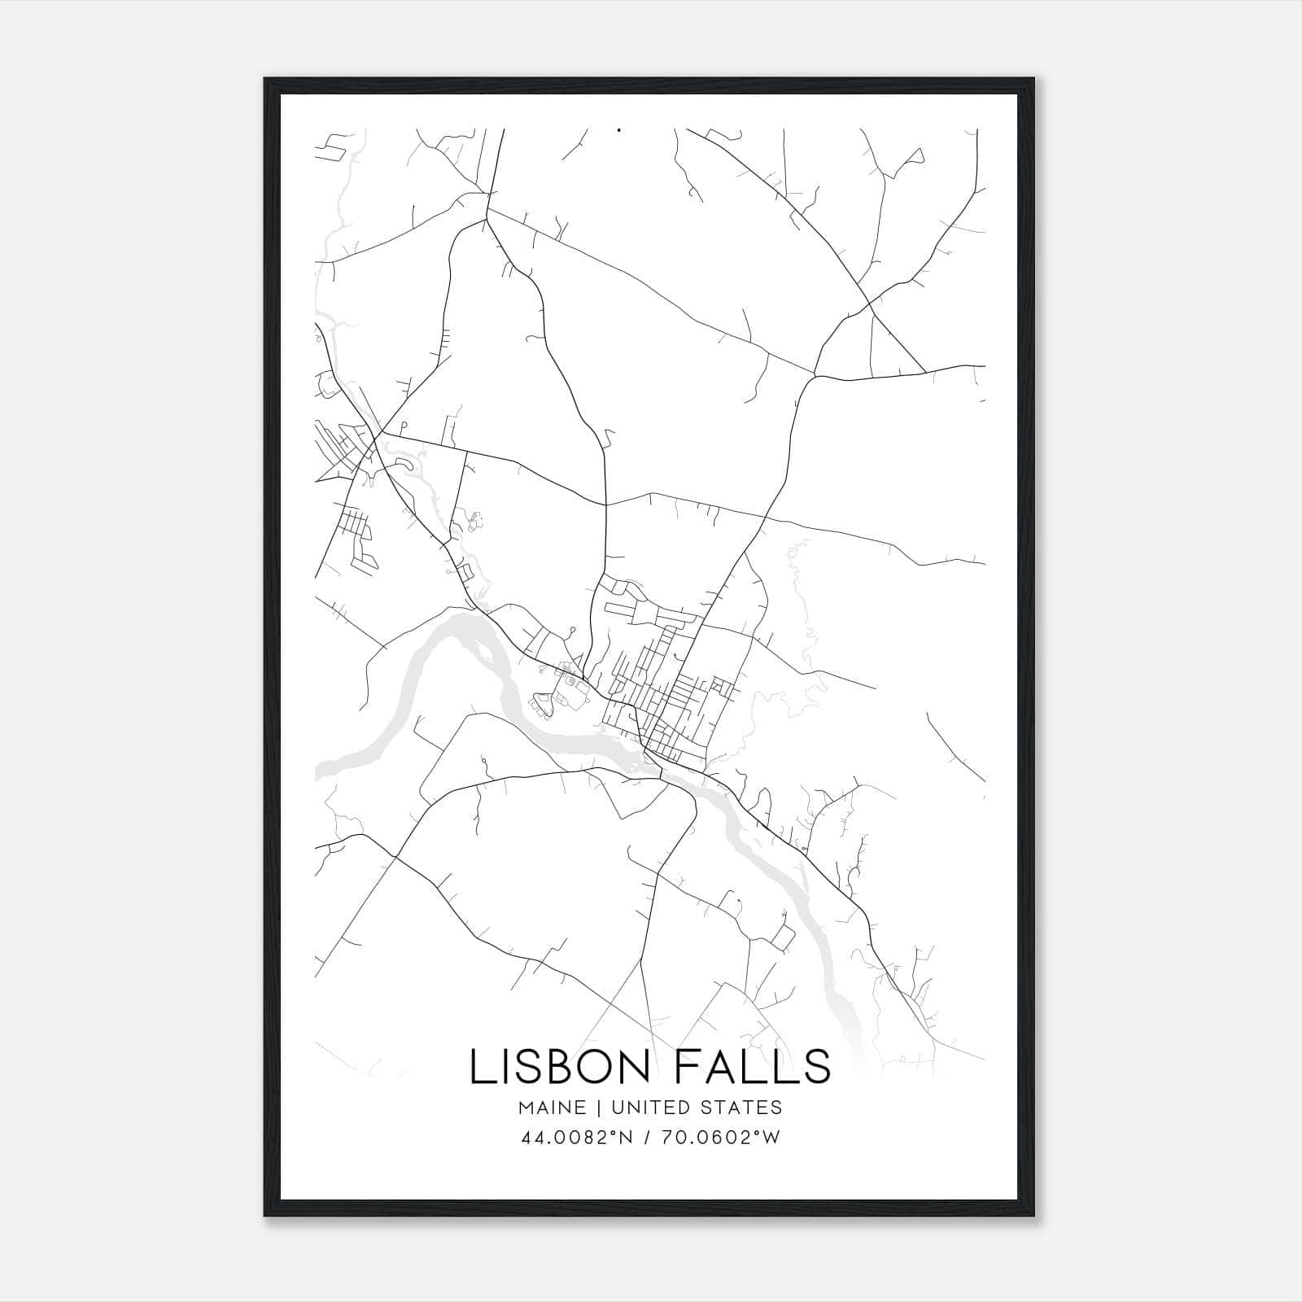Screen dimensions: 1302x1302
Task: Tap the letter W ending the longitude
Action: (x=772, y=1138)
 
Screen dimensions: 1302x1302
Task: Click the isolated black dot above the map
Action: (x=619, y=129)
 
